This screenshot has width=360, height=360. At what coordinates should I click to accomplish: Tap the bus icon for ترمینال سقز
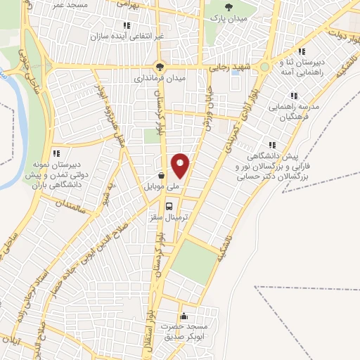pyautogui.click(x=169, y=206)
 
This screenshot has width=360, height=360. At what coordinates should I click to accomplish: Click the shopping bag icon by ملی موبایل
pyautogui.click(x=162, y=175)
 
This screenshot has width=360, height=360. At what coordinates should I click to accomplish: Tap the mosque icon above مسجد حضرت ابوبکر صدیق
pyautogui.click(x=184, y=316)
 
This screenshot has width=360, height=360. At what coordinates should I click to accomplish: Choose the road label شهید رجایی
pyautogui.click(x=229, y=67)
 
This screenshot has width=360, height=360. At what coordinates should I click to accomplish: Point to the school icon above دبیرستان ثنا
pyautogui.click(x=302, y=51)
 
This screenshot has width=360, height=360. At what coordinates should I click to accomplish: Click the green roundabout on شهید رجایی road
pyautogui.click(x=264, y=67)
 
